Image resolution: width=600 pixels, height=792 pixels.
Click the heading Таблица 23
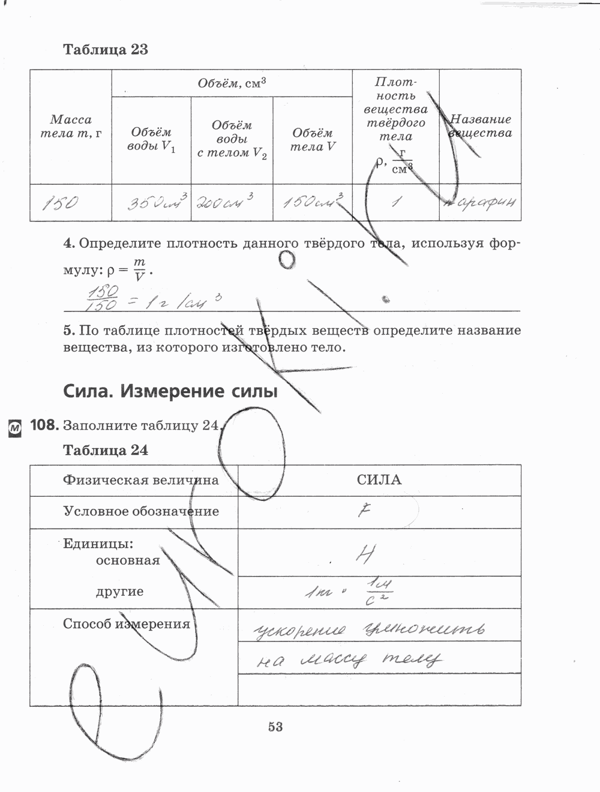point(106,50)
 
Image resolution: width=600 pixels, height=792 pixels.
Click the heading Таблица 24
point(106,451)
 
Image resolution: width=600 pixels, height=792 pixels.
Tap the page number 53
point(275,727)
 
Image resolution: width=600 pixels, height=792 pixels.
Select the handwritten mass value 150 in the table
point(60,203)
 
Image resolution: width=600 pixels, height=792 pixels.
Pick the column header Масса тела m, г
point(71,127)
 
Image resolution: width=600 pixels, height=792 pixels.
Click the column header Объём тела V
point(313,139)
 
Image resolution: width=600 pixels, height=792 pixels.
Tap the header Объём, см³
point(232,83)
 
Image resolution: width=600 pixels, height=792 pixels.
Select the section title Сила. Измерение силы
point(170,392)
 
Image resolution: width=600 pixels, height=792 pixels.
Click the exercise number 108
point(44,425)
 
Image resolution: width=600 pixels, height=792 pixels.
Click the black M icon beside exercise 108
point(14,427)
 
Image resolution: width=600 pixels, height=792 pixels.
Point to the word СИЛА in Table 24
point(379,480)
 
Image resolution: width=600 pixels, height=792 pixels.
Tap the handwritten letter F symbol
point(364,511)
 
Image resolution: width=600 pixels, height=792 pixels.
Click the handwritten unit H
point(365,553)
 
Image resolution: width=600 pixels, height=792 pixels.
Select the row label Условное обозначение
point(141,512)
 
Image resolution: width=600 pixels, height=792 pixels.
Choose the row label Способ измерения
point(127,624)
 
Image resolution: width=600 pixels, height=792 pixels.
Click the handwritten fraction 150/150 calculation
point(102,298)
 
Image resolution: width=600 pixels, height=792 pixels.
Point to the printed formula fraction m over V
point(140,270)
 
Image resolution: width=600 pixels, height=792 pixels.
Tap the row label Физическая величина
point(141,481)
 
